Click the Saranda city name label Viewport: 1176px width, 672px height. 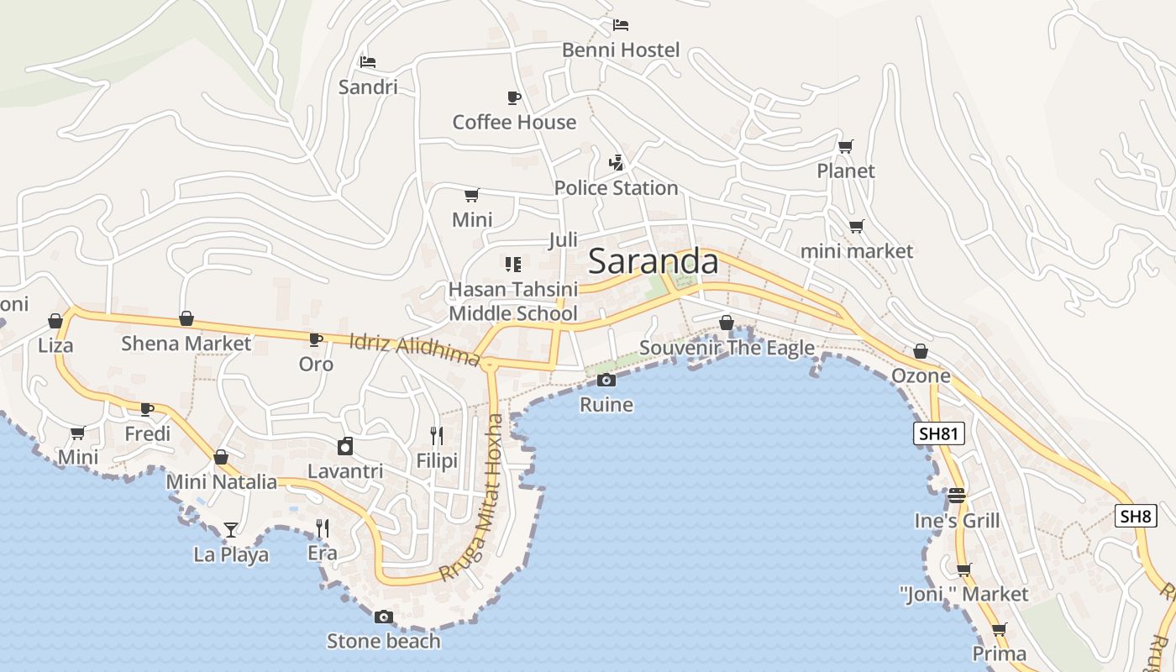654,262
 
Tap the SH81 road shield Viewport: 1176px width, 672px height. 938,433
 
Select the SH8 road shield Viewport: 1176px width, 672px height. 1135,516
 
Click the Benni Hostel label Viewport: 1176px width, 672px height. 621,50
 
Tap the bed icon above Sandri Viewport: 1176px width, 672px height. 367,62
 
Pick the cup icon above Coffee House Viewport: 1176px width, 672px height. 514,98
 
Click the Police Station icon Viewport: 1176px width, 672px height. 617,163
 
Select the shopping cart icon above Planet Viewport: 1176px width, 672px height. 846,147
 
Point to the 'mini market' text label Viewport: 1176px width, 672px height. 856,251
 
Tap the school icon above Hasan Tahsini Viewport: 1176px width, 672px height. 513,265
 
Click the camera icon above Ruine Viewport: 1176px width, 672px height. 606,381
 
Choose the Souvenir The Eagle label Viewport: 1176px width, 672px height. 727,348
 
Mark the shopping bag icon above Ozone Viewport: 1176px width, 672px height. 921,351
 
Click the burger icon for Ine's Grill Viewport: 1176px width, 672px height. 957,496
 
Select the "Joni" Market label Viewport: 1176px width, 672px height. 963,595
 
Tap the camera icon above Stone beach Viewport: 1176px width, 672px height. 383,617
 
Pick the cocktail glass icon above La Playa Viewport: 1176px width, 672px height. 231,530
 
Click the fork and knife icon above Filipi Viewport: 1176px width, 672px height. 437,435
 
